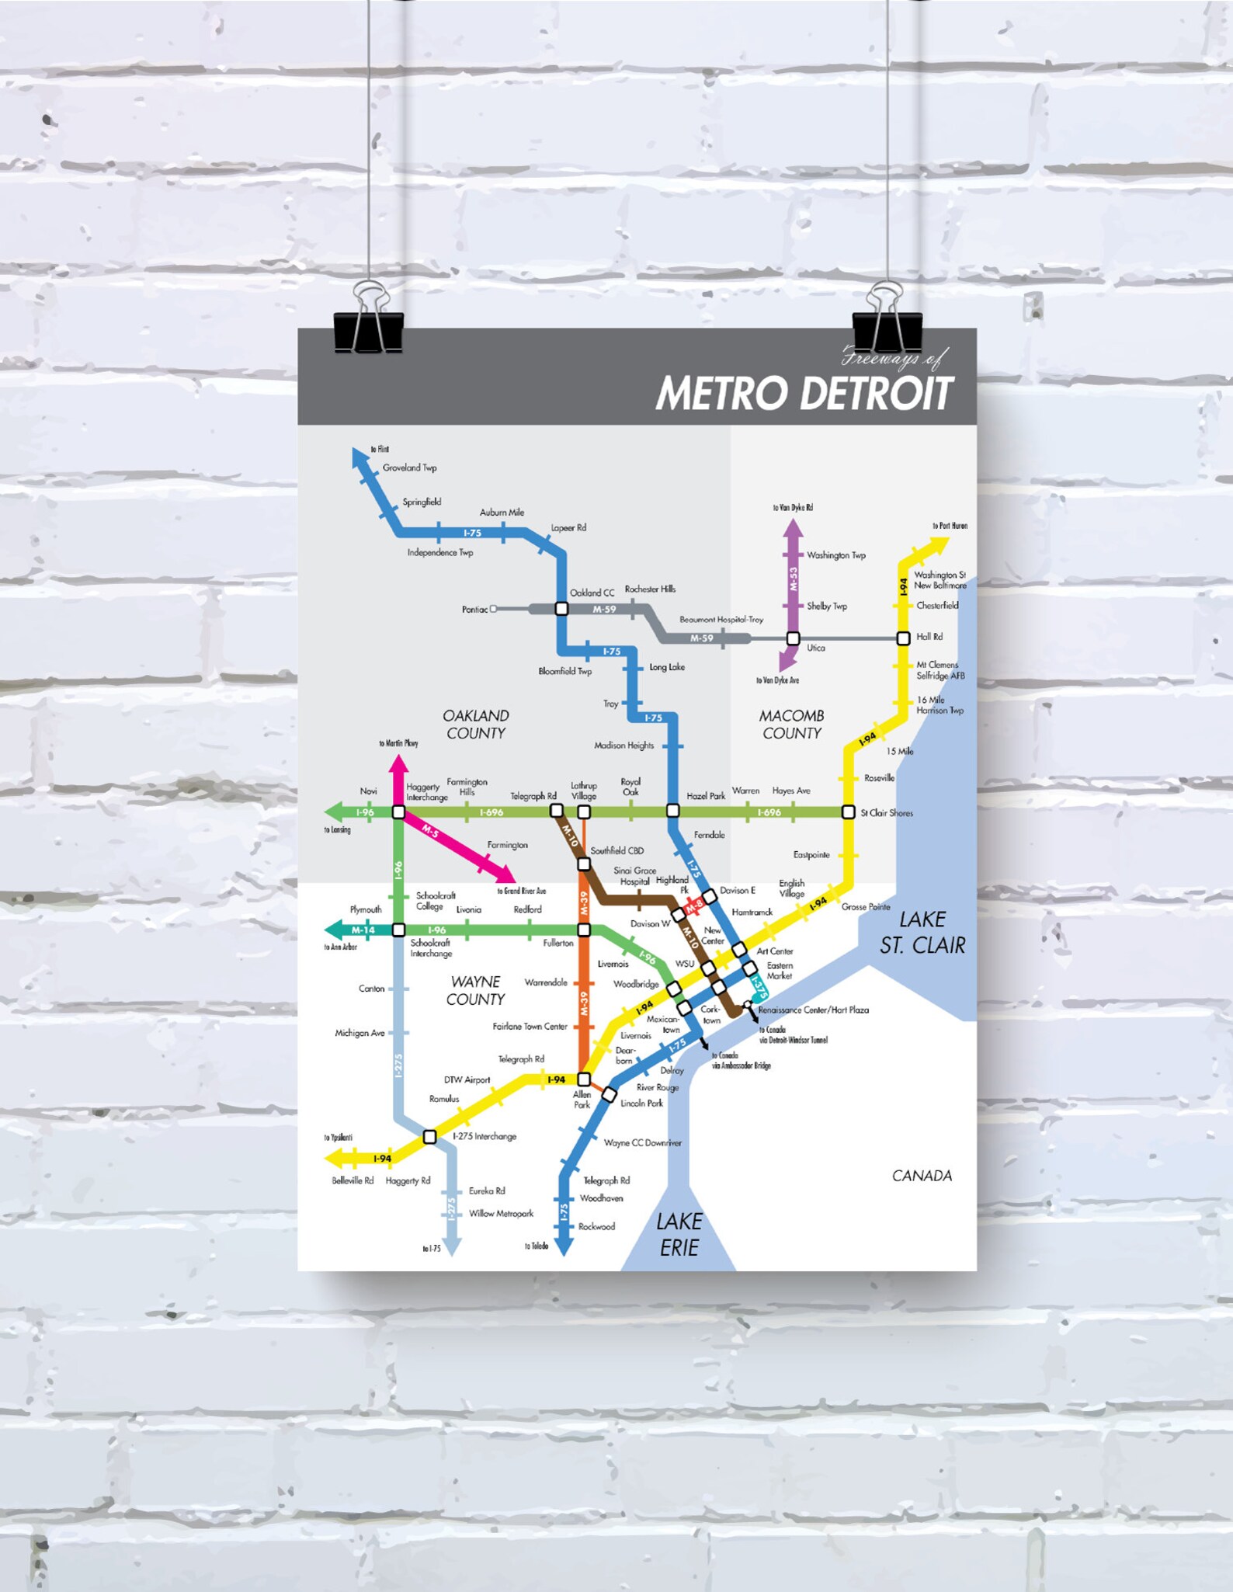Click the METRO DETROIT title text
804,393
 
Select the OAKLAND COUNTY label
475,724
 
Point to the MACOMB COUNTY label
791,724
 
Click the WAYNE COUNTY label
475,990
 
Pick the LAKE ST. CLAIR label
922,932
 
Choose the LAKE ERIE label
679,1234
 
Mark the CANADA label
922,1176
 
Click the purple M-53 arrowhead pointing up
793,528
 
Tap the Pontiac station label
474,610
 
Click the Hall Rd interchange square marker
903,638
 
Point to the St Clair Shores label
887,813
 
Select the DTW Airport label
467,1079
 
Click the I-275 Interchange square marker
429,1137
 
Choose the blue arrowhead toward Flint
359,457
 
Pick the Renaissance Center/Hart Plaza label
813,1010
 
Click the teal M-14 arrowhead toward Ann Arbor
335,930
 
